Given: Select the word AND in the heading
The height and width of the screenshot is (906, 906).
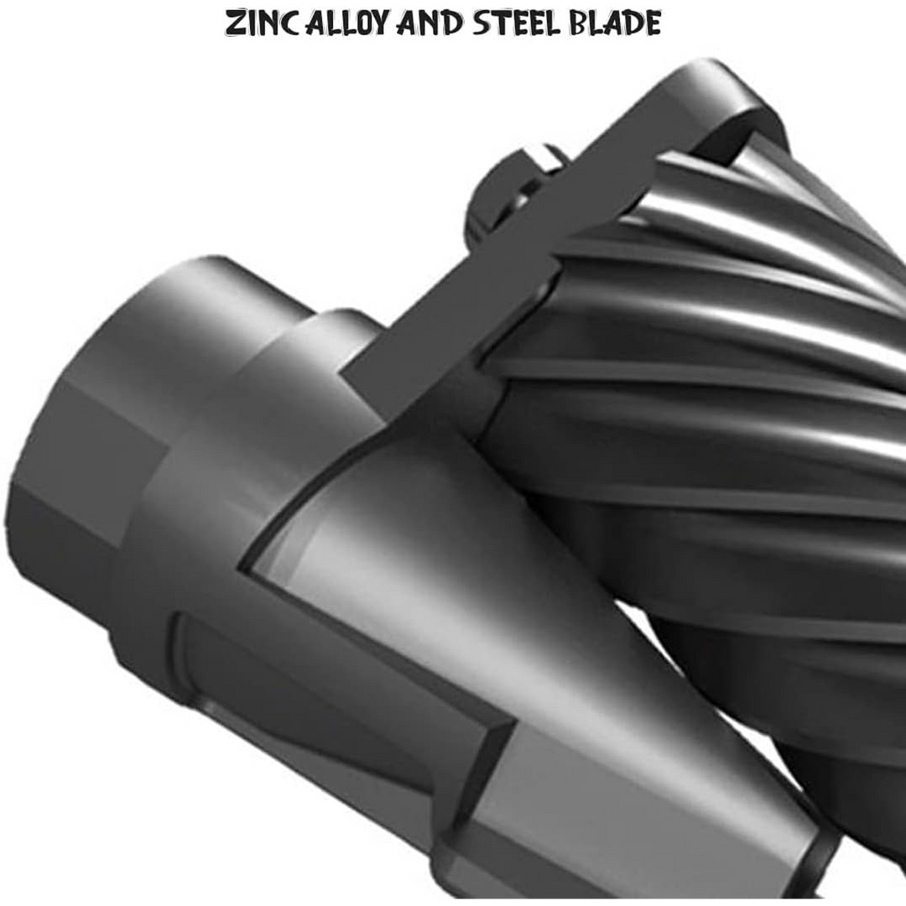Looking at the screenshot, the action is [430, 23].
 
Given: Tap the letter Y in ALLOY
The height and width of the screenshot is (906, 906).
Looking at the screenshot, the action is [380, 24].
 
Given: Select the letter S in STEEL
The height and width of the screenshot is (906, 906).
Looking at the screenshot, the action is [481, 24].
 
